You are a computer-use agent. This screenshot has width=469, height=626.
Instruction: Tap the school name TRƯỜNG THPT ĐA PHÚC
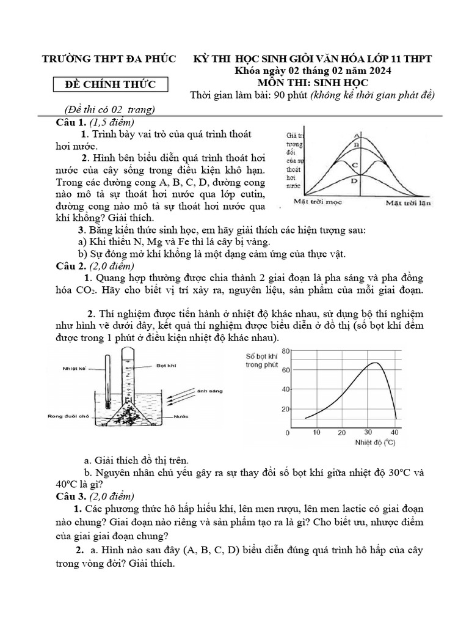108,59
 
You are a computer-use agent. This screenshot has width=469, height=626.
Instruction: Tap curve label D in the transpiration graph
355,181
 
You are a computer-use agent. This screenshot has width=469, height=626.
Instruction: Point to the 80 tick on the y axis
285,350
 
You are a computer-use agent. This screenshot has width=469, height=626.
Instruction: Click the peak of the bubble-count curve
374,363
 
